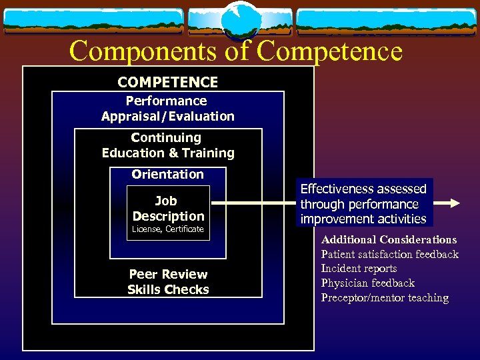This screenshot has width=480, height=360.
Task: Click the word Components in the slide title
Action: pos(145,51)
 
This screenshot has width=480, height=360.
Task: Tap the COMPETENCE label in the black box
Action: pos(167,82)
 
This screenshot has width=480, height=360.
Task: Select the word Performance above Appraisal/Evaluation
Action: pos(167,101)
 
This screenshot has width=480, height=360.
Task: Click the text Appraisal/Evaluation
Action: pos(168,116)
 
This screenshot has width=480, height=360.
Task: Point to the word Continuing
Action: pos(166,137)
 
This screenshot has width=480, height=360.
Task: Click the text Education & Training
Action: pos(168,153)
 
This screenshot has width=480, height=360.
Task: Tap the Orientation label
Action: pos(167,174)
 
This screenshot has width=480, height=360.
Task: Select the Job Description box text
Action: pos(168,208)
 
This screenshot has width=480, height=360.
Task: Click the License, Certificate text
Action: pos(168,229)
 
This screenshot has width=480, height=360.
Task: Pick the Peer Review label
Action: pos(168,274)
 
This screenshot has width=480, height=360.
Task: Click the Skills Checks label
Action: pos(168,289)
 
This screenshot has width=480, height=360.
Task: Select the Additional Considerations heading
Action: pos(389,239)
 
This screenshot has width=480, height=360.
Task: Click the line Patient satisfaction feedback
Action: pos(389,254)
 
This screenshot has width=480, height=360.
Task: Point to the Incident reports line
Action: pos(359,269)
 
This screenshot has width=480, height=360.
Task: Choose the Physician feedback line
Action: pos(367,283)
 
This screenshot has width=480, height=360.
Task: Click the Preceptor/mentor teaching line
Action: pos(385,298)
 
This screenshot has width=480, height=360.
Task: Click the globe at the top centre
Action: pos(241,21)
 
